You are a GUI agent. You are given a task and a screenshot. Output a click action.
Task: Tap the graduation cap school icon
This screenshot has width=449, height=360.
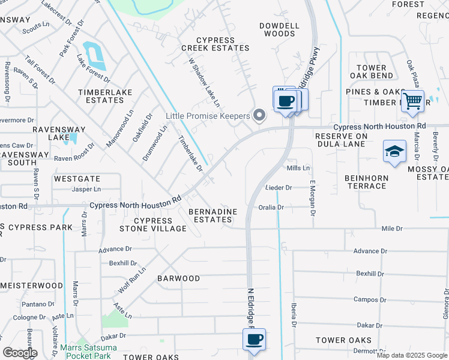pyautogui.click(x=394, y=151)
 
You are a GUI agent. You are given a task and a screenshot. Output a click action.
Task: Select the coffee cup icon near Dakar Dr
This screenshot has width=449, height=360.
pyautogui.click(x=253, y=340)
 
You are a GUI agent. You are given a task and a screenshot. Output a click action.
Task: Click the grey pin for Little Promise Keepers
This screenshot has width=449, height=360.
pyautogui.click(x=260, y=115)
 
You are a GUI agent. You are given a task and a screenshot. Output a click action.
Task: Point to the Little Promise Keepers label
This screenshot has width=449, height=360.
pyautogui.click(x=208, y=116)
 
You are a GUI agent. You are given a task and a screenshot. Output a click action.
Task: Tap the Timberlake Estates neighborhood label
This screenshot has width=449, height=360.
pyautogui.click(x=101, y=96)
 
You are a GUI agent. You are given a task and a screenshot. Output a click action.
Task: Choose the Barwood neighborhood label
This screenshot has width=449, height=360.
pyautogui.click(x=178, y=278)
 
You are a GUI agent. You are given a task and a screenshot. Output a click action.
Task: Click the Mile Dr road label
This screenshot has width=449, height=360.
pyautogui.click(x=392, y=229)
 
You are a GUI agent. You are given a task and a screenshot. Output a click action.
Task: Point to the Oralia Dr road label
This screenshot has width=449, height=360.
pyautogui.click(x=271, y=207)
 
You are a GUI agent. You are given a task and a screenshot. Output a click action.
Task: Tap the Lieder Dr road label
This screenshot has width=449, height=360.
pyautogui.click(x=278, y=188)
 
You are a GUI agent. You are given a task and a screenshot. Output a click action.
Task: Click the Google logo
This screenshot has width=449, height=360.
pyautogui.click(x=20, y=353)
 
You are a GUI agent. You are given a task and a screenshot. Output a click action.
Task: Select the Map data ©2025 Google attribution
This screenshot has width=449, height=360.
pyautogui.click(x=412, y=355)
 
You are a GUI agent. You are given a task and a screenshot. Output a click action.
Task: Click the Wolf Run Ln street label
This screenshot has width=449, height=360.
pyautogui.click(x=131, y=280)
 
